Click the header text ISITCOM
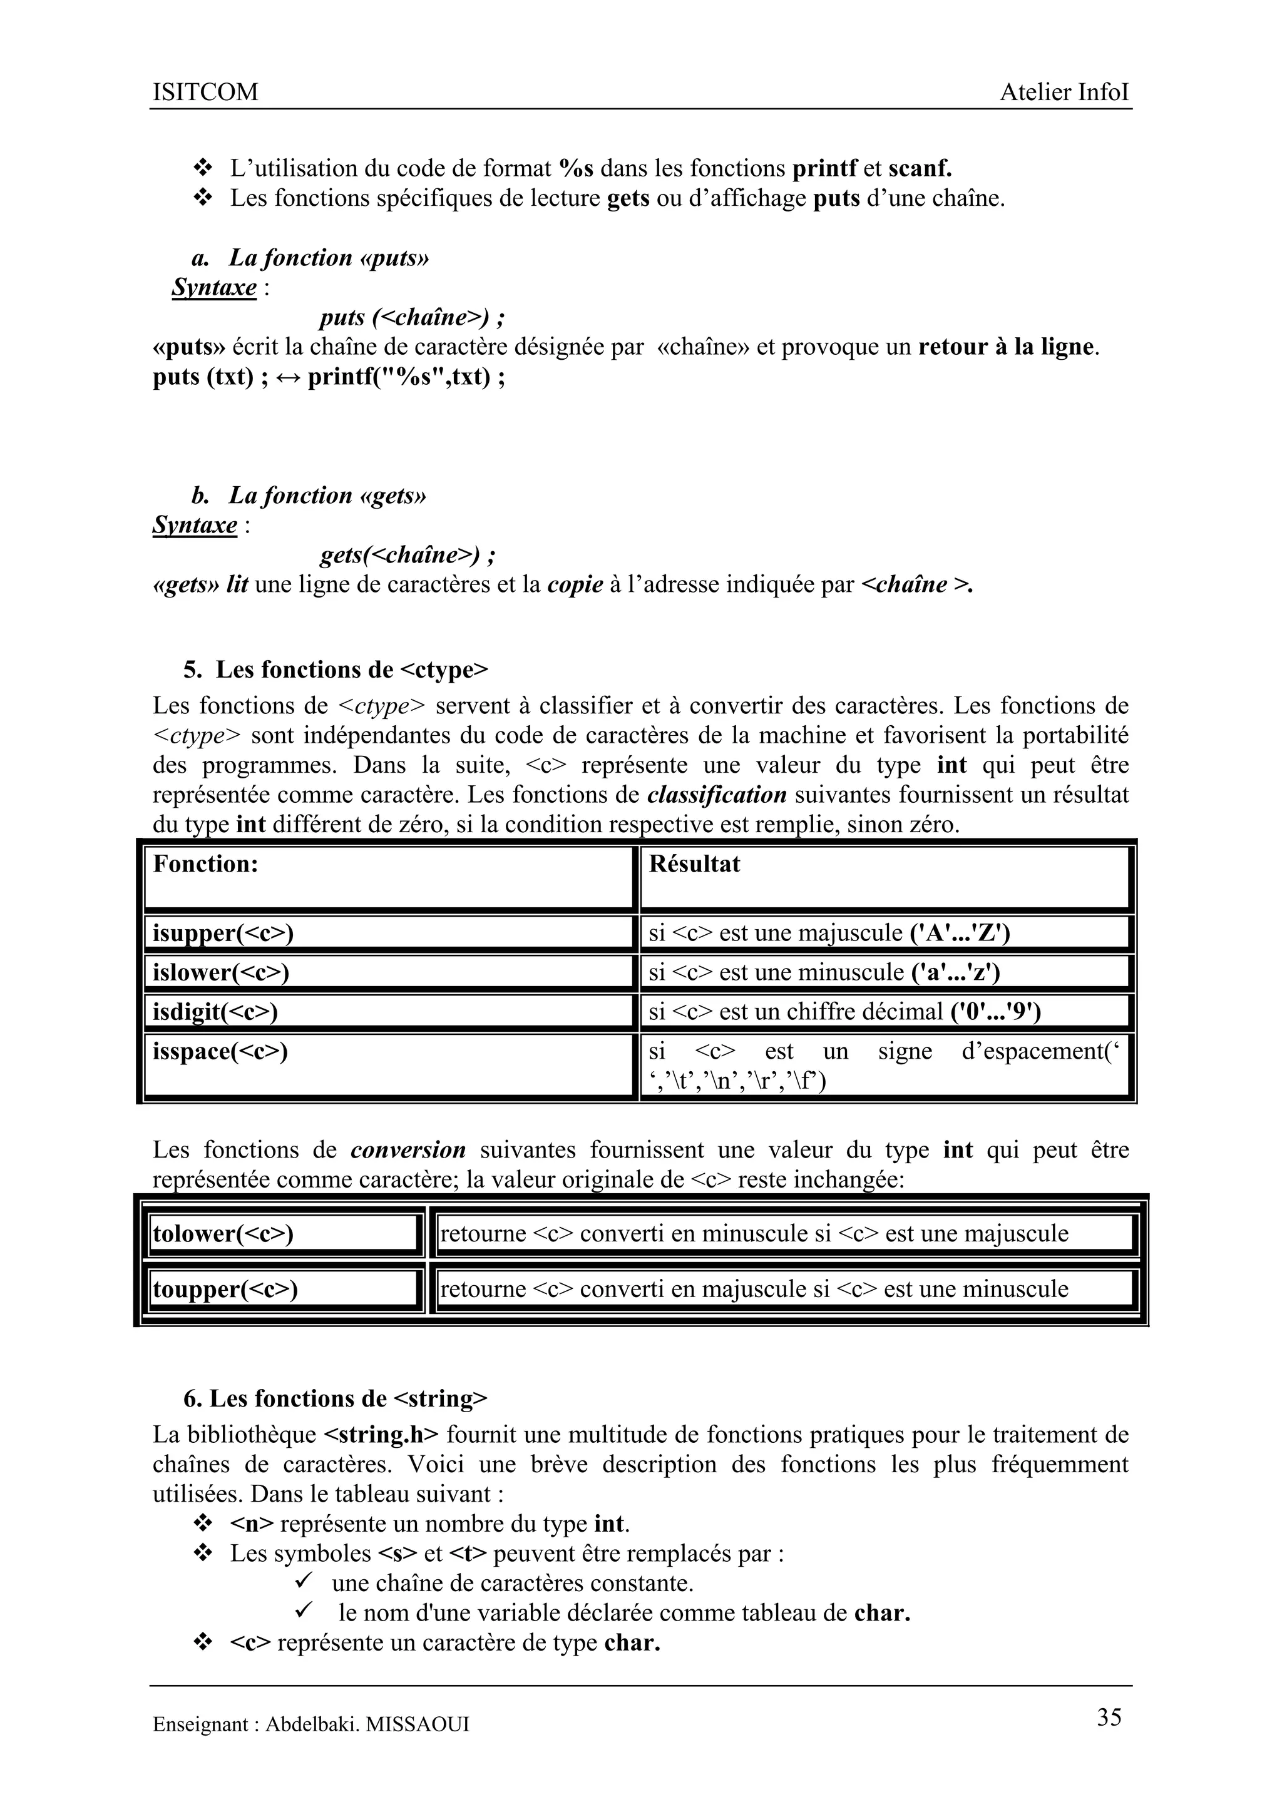tap(205, 93)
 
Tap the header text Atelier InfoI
tap(1064, 93)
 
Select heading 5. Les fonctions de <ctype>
tap(336, 670)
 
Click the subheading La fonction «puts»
tap(329, 258)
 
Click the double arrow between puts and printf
tap(288, 378)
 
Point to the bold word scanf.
tap(920, 168)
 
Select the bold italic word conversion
tap(408, 1151)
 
